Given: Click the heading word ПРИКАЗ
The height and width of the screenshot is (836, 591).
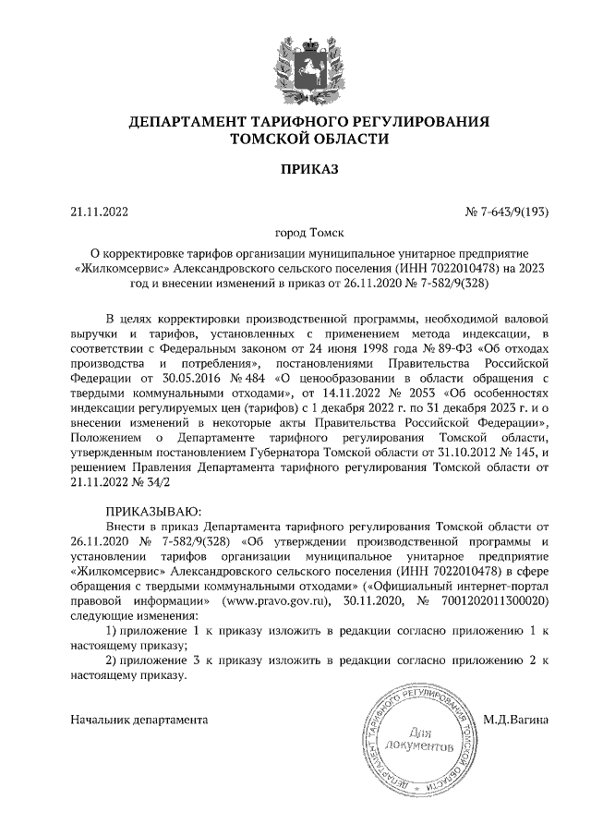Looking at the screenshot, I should pyautogui.click(x=295, y=169).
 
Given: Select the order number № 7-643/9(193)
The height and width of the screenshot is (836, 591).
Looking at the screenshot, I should pyautogui.click(x=506, y=212).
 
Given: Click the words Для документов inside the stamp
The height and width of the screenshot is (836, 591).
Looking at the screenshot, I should pyautogui.click(x=421, y=737).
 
